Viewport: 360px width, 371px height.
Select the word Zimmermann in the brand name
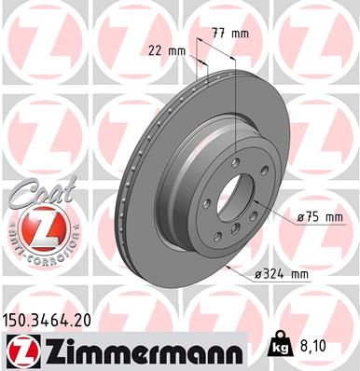click(141, 350)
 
